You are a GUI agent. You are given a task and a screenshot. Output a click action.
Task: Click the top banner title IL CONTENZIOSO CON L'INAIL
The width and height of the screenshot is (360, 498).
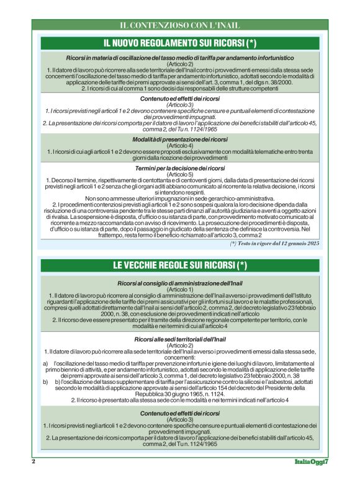click(179, 25)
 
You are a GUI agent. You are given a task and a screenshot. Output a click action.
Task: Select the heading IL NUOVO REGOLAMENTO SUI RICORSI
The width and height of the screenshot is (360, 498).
click(179, 43)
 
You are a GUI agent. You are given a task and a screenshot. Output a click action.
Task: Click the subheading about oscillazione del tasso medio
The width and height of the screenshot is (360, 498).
click(180, 58)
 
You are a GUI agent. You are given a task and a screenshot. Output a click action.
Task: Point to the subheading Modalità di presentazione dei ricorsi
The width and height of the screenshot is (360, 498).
click(180, 140)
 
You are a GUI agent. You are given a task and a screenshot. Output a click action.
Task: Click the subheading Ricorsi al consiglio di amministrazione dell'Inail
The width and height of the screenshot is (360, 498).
click(180, 283)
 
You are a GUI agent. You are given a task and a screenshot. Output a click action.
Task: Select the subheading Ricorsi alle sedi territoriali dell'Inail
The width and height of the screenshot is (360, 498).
click(180, 339)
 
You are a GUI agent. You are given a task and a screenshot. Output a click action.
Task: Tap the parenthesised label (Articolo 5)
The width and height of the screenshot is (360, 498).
click(180, 174)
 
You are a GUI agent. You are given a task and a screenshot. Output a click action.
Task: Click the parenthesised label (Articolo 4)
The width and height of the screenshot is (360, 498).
click(180, 145)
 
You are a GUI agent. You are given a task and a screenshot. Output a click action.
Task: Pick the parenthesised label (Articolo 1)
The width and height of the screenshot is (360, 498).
click(180, 289)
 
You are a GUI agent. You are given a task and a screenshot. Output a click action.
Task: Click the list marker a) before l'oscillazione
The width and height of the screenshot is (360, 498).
click(45, 362)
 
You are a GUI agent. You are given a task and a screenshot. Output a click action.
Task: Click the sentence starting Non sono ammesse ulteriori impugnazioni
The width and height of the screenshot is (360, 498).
click(180, 198)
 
